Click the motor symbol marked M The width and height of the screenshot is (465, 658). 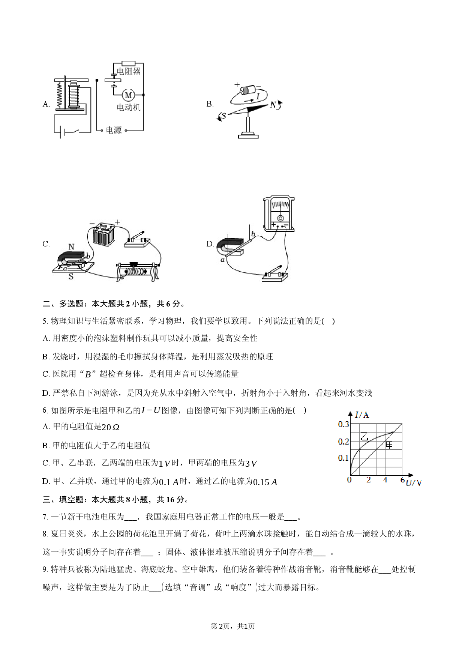tap(128, 95)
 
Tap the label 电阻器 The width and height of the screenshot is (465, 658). tap(129, 71)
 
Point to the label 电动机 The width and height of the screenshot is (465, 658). tap(129, 107)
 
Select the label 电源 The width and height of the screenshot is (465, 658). tap(114, 130)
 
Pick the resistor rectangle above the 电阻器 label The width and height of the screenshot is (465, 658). tap(129, 63)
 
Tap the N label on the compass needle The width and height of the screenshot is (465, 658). tap(273, 105)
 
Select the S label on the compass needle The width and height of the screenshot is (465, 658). tap(224, 116)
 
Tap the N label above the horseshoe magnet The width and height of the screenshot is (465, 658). tap(71, 247)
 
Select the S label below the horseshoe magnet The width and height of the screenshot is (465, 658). tap(70, 277)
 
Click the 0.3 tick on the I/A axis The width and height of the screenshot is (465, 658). tap(343, 424)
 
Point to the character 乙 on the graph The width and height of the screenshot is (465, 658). tap(364, 436)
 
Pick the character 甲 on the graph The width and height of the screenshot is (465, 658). tap(389, 445)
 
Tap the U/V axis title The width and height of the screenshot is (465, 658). tap(414, 483)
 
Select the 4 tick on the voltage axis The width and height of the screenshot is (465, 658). tap(385, 480)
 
